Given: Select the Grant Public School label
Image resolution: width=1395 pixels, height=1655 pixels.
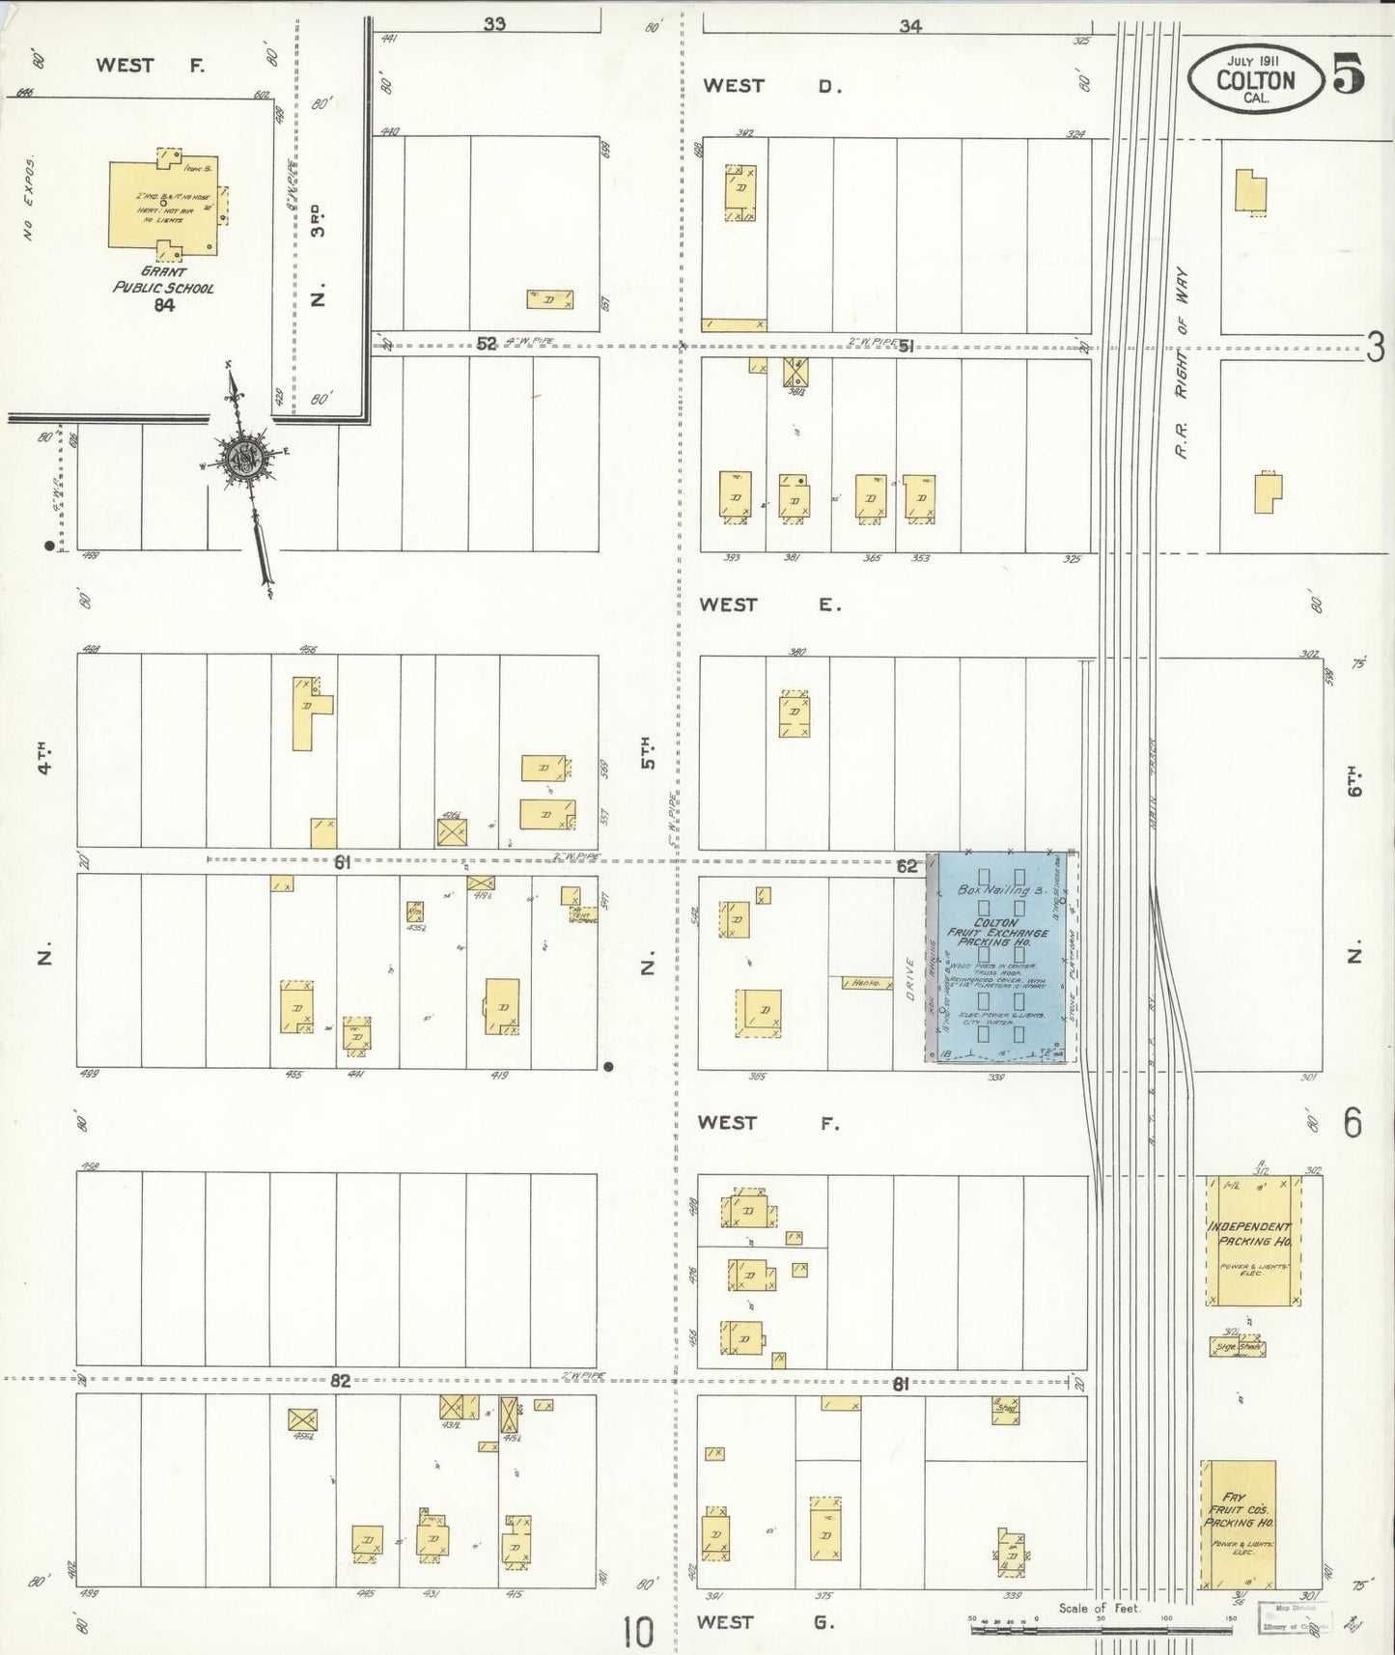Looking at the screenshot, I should tap(163, 280).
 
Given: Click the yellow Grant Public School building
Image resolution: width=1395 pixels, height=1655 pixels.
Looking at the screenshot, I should tap(164, 205).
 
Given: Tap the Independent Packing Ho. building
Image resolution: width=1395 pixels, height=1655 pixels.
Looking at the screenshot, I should tap(1252, 1241).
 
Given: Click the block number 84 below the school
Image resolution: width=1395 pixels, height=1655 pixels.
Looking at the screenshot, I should tap(163, 305).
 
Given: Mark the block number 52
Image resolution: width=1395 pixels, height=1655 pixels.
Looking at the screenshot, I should tap(487, 344).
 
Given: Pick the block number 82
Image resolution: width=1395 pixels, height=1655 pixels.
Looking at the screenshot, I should tap(340, 1381).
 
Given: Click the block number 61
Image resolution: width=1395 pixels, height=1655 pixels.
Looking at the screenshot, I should tap(342, 863).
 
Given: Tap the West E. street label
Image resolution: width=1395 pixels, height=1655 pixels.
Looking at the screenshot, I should tap(770, 604).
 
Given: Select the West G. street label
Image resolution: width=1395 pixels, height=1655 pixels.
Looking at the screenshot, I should tap(766, 1622).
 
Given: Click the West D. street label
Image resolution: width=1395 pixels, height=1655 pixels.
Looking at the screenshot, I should tap(772, 86).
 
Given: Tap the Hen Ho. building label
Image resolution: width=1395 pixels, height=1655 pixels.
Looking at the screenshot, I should tap(865, 983).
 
